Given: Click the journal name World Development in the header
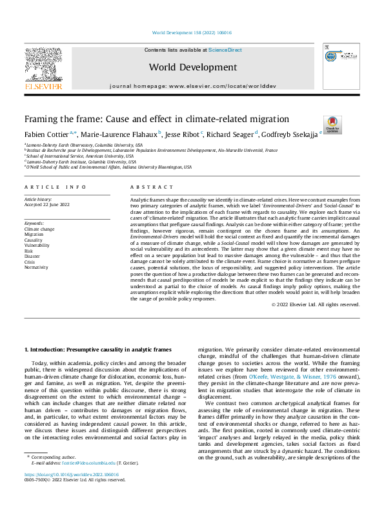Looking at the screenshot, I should (x=191, y=67).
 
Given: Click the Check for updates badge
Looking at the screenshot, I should (x=332, y=125).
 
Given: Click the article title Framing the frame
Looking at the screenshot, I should (x=148, y=119).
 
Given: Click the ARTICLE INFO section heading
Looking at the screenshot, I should (x=56, y=187).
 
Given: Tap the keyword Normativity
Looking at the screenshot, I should (x=37, y=267).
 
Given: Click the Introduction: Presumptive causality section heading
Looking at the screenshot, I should (x=97, y=350).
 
